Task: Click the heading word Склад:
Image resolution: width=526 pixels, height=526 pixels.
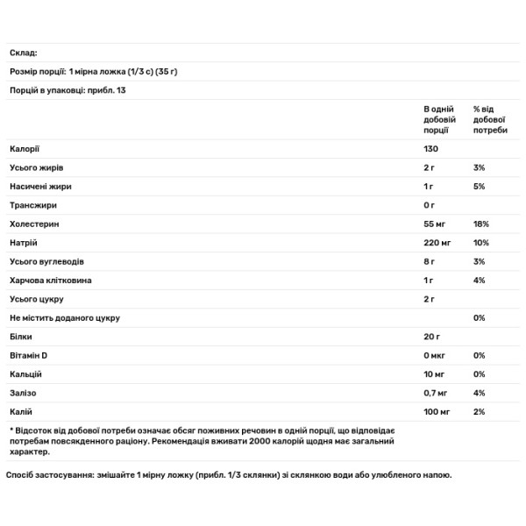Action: click(x=24, y=53)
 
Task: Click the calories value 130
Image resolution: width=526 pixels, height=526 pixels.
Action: click(x=431, y=148)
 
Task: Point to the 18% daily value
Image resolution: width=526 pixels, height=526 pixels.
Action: click(x=480, y=224)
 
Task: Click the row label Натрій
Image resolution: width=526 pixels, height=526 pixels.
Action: click(x=24, y=242)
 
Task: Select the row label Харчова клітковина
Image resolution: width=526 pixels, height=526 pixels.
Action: click(x=50, y=280)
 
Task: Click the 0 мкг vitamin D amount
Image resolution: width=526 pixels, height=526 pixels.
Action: click(x=436, y=355)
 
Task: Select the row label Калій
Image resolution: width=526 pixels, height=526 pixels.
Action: click(x=22, y=411)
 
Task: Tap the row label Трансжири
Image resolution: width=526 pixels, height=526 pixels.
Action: click(x=33, y=204)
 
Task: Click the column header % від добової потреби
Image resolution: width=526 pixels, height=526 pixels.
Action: click(x=490, y=117)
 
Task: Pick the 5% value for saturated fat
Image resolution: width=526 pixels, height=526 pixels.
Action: click(x=479, y=186)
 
